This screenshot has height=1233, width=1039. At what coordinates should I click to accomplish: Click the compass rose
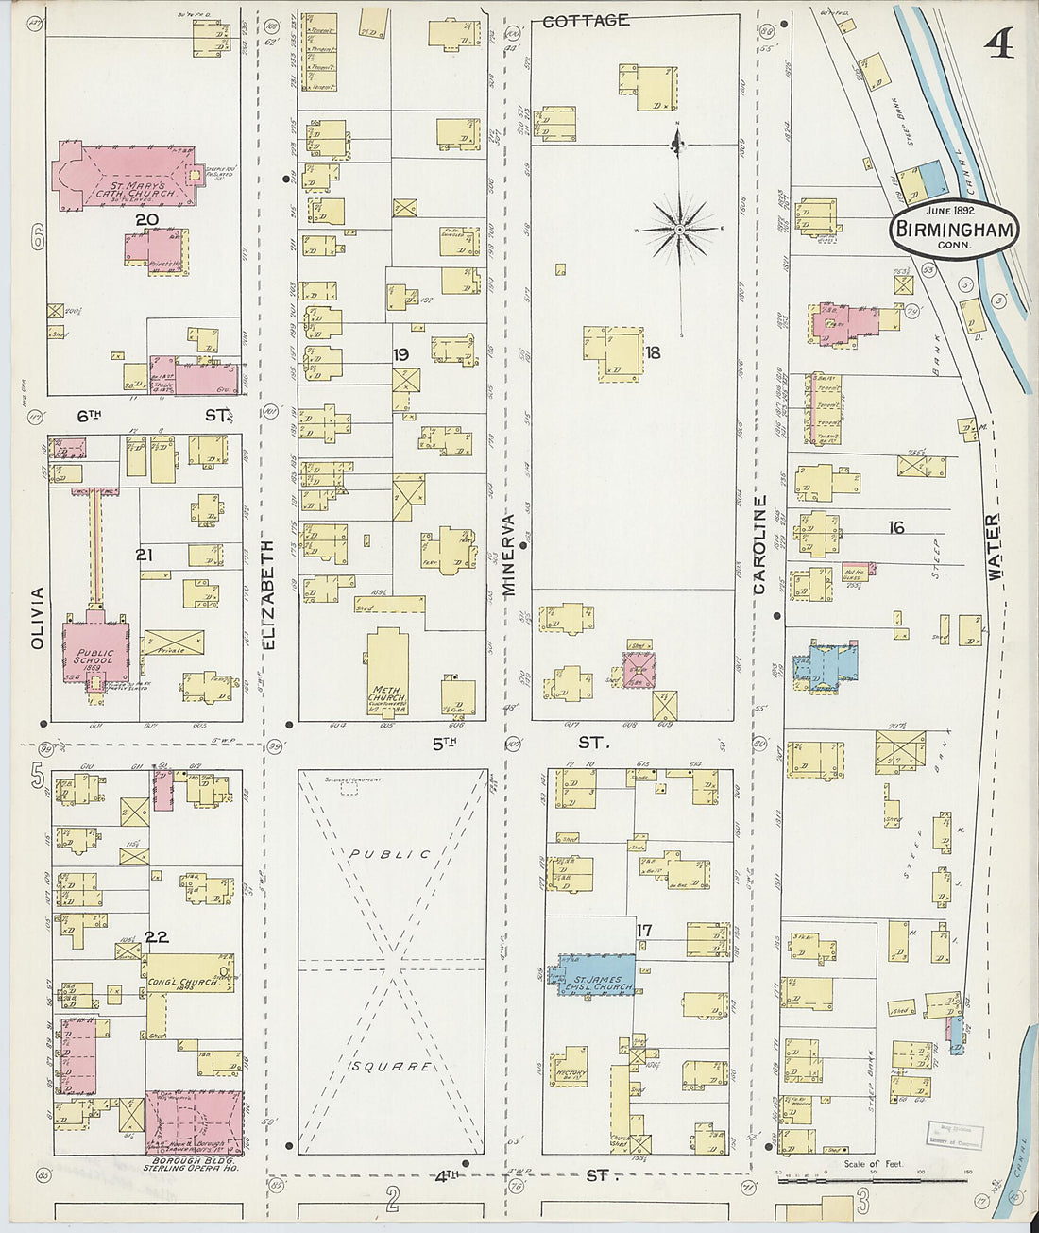[679, 228]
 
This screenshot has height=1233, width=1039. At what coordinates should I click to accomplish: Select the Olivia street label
[37, 618]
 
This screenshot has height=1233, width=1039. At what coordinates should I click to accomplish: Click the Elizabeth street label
[267, 594]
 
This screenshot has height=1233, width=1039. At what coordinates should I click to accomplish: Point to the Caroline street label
[758, 545]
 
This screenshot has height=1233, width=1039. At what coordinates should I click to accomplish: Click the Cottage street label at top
[587, 20]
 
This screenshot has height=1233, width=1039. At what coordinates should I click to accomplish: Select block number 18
[652, 352]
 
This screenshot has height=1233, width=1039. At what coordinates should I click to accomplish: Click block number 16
[895, 527]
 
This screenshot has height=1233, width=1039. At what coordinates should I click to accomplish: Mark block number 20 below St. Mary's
[145, 220]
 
